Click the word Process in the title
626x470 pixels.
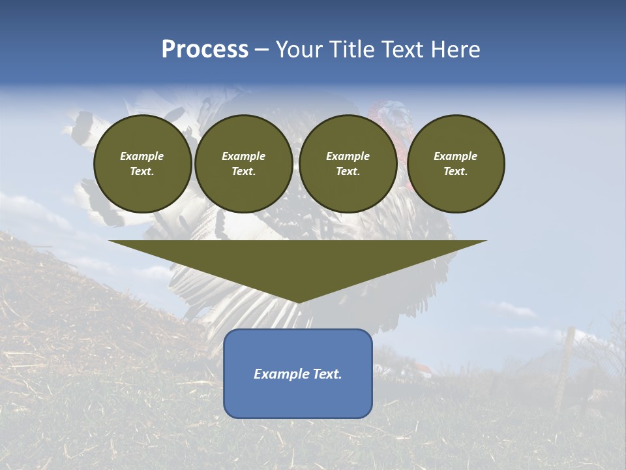coord(205,50)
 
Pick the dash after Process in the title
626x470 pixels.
coord(261,50)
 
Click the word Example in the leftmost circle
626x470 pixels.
coord(142,156)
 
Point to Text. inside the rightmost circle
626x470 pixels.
coord(455,172)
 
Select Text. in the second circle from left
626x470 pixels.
coord(243,172)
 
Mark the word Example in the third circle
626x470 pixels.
coord(348,156)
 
